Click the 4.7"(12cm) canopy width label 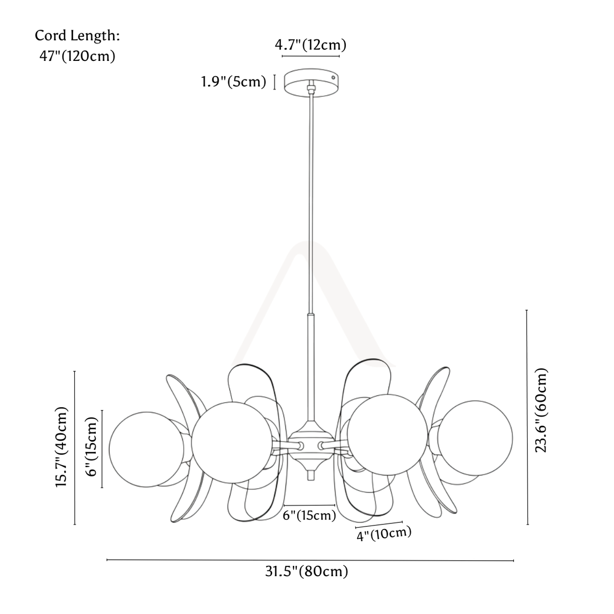coord(311,45)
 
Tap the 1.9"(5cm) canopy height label coord(233,82)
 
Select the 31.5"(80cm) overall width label coord(306,572)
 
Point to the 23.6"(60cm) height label coord(541,410)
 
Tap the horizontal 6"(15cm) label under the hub coord(310,515)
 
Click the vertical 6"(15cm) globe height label coord(92,446)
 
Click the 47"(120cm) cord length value coord(77,56)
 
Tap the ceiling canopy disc coord(311,82)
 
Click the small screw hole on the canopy coord(333,77)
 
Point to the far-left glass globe coord(146,449)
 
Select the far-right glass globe coord(475,438)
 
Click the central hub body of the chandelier coord(311,446)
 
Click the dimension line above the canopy coord(311,56)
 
